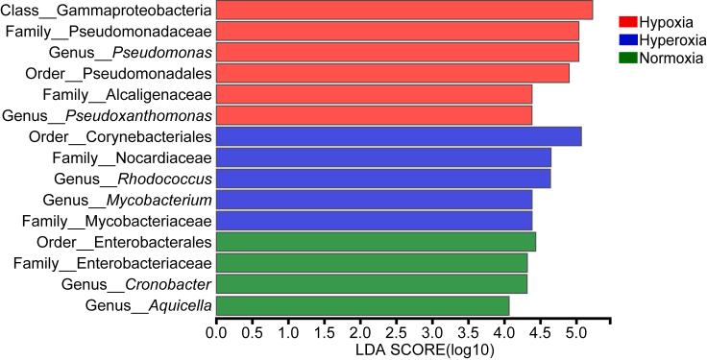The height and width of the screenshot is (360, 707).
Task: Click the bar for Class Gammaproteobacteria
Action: pyautogui.click(x=403, y=11)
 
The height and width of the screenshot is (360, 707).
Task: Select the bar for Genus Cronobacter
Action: pyautogui.click(x=371, y=284)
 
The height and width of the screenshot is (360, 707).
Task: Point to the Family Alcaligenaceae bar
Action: pyautogui.click(x=374, y=94)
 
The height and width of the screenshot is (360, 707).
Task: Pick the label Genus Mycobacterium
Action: pyautogui.click(x=127, y=200)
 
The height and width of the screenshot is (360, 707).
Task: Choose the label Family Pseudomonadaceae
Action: pyautogui.click(x=109, y=31)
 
